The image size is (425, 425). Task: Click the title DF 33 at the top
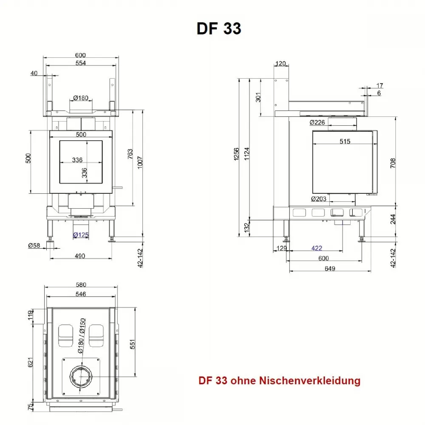[x=219, y=28]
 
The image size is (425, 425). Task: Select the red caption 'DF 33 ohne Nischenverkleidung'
[x=279, y=380]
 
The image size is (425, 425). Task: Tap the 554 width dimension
[x=80, y=63]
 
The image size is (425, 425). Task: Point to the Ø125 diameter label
[x=80, y=235]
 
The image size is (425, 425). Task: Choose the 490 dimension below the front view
[x=80, y=255]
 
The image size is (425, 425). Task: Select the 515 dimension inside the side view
[x=345, y=141]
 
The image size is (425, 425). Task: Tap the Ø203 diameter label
[x=318, y=199]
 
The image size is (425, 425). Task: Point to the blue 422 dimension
[x=317, y=248]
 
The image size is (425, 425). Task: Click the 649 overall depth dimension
[x=329, y=268]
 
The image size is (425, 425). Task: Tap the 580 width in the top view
[x=80, y=285]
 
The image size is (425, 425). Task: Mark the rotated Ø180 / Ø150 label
[x=82, y=336]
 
